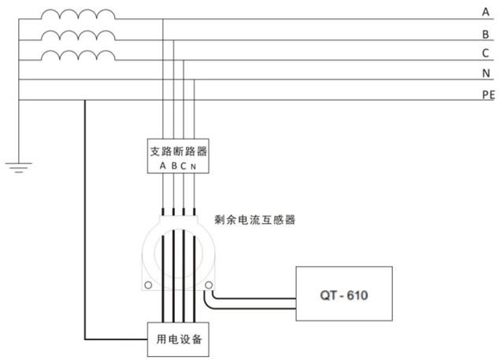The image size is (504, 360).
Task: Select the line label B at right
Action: pos(486,35)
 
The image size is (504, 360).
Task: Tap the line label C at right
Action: pos(486,54)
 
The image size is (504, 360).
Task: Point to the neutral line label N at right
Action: pos(486,73)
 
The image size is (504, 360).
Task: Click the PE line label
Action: pos(487,94)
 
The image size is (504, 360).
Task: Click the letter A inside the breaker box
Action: pos(163,166)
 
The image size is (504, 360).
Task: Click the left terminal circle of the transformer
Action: pos(147,285)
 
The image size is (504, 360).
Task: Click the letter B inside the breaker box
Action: pos(174,166)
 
